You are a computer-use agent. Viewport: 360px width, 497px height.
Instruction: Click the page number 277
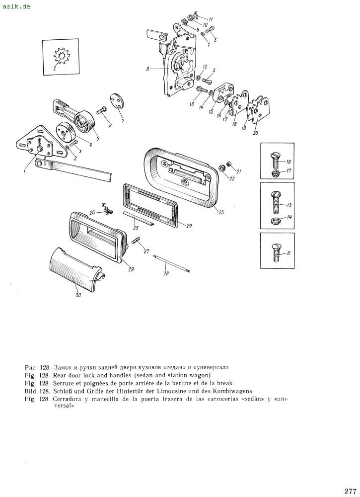click(x=350, y=491)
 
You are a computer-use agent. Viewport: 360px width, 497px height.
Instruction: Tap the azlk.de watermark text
click(x=16, y=6)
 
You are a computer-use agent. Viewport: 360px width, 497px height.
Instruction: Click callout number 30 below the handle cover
click(x=78, y=295)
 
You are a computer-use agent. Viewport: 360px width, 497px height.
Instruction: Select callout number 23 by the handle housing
click(x=221, y=212)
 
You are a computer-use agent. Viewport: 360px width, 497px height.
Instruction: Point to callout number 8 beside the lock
click(x=147, y=68)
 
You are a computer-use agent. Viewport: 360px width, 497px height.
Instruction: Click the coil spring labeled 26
click(x=107, y=208)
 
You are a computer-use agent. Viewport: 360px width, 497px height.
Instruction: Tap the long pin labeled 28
click(x=171, y=263)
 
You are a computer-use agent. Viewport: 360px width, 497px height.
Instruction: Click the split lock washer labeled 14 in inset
click(x=275, y=221)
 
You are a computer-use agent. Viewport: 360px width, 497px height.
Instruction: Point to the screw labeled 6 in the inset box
click(x=276, y=252)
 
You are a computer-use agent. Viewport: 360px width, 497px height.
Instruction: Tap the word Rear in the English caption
click(x=59, y=375)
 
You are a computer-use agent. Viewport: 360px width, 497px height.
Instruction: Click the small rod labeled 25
click(x=140, y=219)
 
